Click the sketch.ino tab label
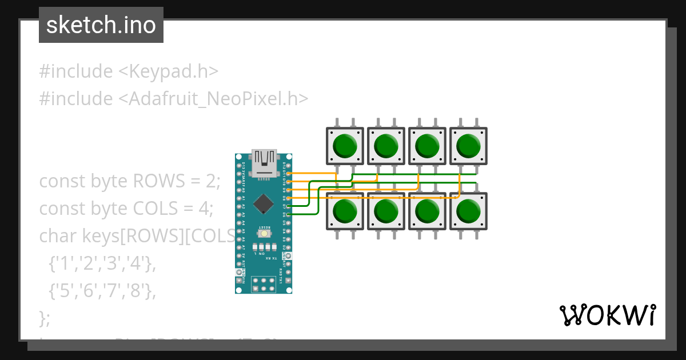(101, 25)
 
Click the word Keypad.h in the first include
(174, 71)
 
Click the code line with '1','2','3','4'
(102, 264)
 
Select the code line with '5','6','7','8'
(102, 291)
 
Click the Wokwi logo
(608, 315)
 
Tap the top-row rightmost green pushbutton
(468, 146)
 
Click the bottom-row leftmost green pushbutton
(345, 211)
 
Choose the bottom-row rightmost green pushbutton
(468, 211)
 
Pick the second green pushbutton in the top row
(386, 146)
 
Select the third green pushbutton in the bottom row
(427, 211)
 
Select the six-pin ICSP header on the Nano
(264, 284)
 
